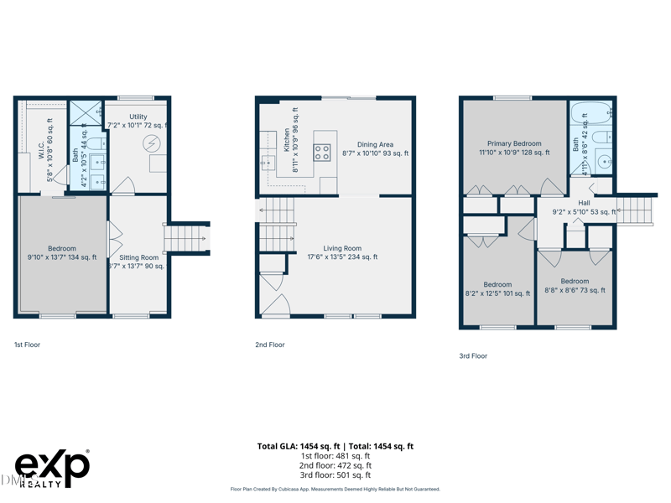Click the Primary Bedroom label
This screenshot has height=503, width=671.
click(x=514, y=144)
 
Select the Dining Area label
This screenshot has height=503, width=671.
click(x=375, y=145)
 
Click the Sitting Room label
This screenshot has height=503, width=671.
click(x=138, y=258)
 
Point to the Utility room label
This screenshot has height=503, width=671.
click(x=138, y=117)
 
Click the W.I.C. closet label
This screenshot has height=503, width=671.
click(x=41, y=150)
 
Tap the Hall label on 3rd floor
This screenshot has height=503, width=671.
click(x=584, y=203)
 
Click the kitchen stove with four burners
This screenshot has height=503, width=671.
click(x=322, y=153)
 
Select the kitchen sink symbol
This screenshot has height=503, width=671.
click(x=268, y=162)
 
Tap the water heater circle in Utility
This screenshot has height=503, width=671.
click(x=152, y=143)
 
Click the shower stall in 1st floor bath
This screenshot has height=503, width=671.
click(x=85, y=112)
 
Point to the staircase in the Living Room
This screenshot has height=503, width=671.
click(x=276, y=225)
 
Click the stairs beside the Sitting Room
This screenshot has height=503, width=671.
click(x=186, y=238)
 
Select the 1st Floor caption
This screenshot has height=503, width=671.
click(x=27, y=345)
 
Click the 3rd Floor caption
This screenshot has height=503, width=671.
click(x=473, y=356)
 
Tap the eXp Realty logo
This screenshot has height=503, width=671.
click(x=52, y=469)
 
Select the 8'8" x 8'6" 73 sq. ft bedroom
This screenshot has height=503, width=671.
click(x=575, y=286)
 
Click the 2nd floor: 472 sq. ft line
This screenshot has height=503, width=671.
click(x=335, y=465)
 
